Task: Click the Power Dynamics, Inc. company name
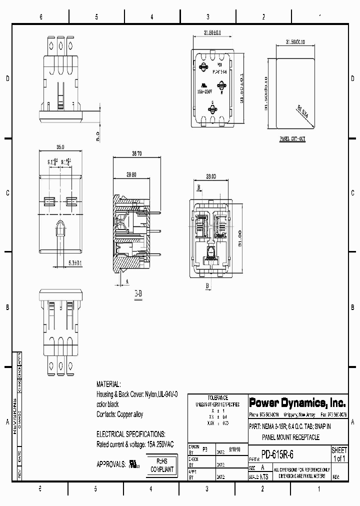pyautogui.click(x=296, y=402)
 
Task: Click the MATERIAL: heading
pyautogui.click(x=108, y=384)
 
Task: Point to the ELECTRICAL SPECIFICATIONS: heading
pyautogui.click(x=131, y=434)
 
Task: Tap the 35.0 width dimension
pyautogui.click(x=60, y=147)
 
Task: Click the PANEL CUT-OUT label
pyautogui.click(x=292, y=139)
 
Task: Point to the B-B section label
pyautogui.click(x=138, y=293)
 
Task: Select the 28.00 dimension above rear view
pyautogui.click(x=210, y=176)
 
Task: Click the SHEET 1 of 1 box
pyautogui.click(x=339, y=454)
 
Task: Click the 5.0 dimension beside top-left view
pyautogui.click(x=98, y=135)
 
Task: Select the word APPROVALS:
pyautogui.click(x=111, y=464)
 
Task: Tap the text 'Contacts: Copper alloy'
pyautogui.click(x=120, y=414)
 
